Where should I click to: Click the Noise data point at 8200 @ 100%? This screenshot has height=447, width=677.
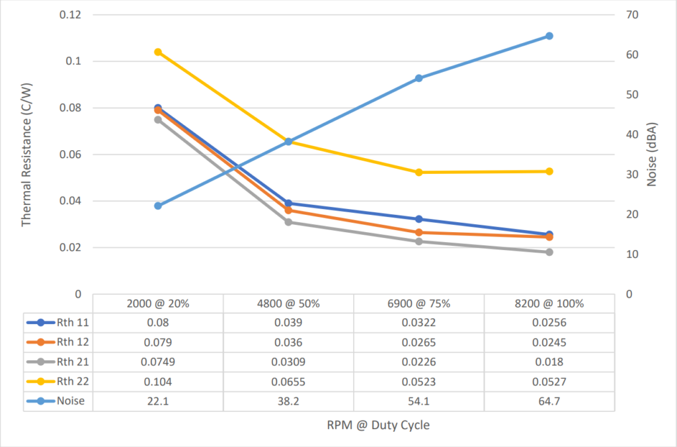(549, 36)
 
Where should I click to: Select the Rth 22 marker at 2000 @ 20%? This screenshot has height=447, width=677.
(158, 52)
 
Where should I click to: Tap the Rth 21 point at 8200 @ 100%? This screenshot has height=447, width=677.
(549, 252)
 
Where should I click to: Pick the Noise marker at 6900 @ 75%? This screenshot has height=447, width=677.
(419, 78)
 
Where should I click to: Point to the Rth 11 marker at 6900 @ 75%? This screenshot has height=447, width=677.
(419, 219)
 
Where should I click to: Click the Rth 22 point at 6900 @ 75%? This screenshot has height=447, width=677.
(419, 173)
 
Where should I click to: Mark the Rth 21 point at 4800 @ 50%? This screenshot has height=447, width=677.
(288, 222)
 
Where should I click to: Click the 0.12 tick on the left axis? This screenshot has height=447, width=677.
(71, 15)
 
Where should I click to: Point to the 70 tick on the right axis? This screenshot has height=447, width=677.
(633, 15)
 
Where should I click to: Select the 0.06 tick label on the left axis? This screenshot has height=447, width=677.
(71, 154)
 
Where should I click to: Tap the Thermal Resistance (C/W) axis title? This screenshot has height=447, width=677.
(26, 154)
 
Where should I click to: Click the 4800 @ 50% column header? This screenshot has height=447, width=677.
(288, 304)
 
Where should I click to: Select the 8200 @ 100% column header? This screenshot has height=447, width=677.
(549, 304)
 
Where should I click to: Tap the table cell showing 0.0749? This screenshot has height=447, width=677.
(158, 362)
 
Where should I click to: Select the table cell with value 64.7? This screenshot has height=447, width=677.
(549, 401)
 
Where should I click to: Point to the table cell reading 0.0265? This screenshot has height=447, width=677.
(419, 343)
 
